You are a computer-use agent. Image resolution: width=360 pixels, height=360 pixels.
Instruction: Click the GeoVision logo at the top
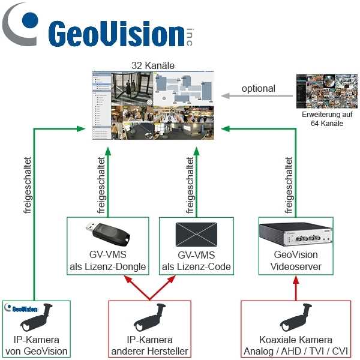(102, 30)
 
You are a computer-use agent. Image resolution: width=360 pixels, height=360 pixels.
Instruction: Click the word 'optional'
(258, 88)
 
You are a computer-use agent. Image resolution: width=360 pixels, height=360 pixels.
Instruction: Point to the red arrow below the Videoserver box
(295, 288)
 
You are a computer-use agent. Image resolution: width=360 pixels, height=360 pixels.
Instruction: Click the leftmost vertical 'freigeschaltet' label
(27, 186)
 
